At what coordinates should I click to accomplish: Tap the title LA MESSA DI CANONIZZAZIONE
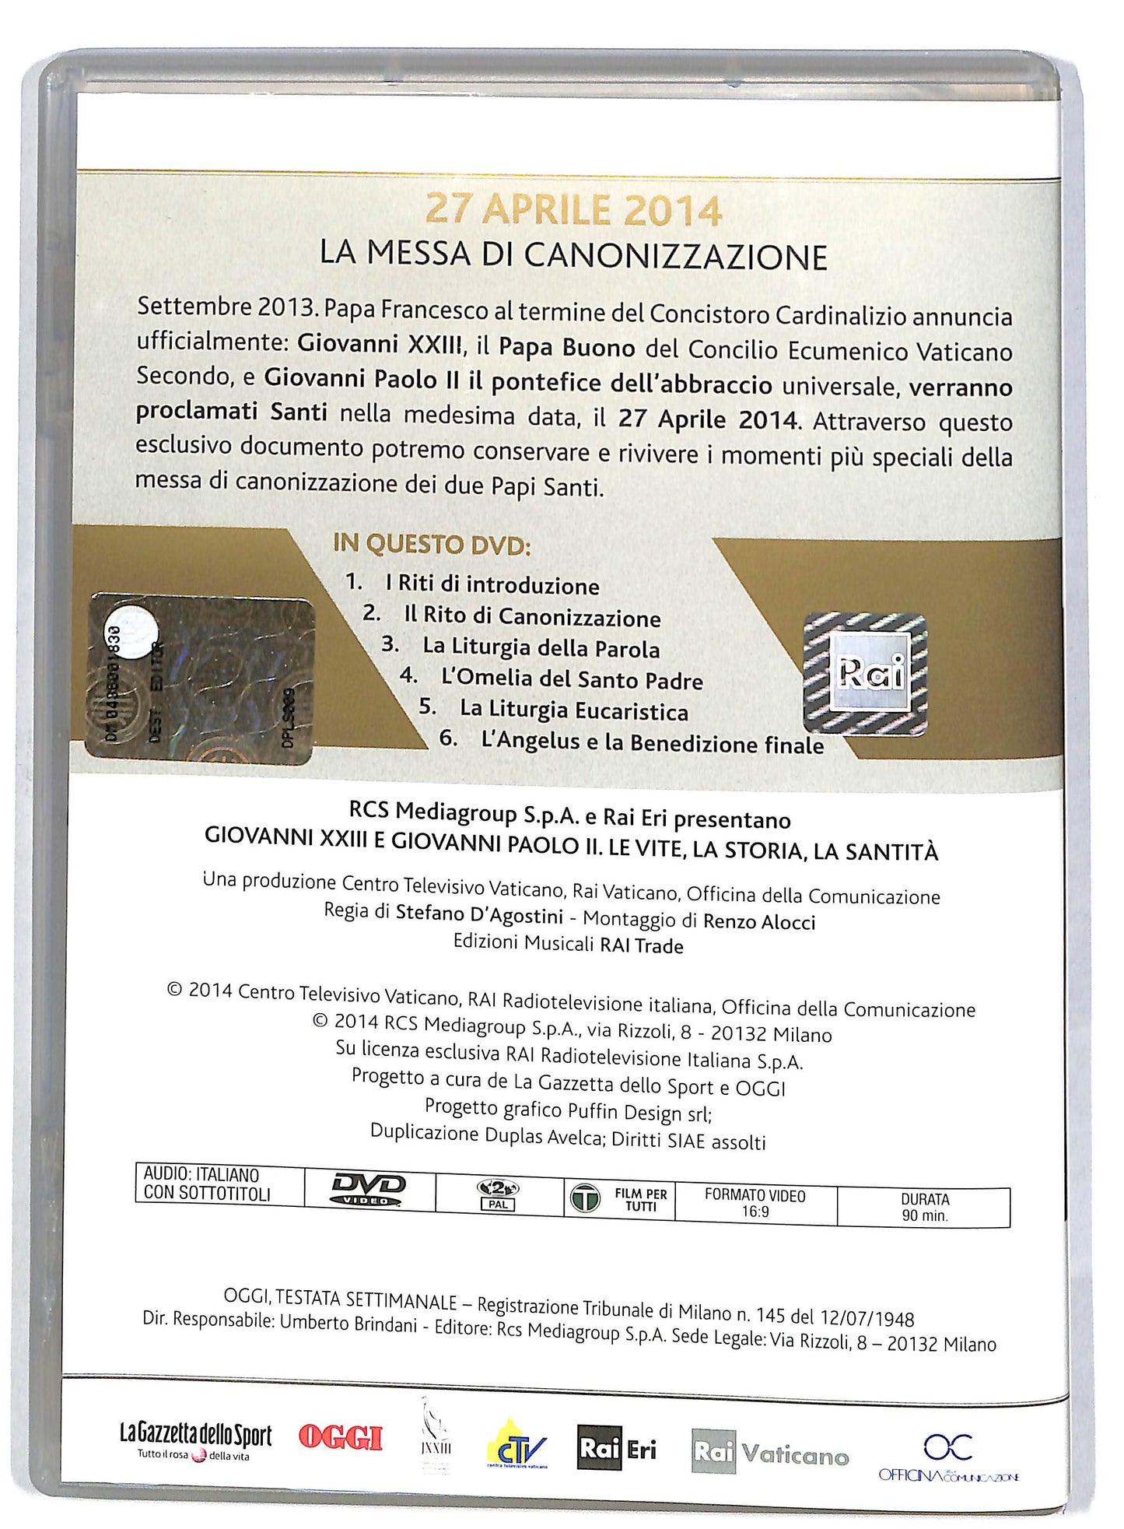point(573,255)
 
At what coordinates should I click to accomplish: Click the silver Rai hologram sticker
point(865,673)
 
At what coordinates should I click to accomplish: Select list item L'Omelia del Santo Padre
point(572,679)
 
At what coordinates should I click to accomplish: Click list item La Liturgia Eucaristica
point(573,710)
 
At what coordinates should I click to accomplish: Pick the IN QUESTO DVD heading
point(432,544)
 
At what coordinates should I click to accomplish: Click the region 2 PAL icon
point(498,1194)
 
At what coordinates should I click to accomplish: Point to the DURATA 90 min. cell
point(924,1207)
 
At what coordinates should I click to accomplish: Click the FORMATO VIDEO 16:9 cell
point(755,1203)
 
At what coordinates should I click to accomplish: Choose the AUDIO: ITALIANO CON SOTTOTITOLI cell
point(207,1184)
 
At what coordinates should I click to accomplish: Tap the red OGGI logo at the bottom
point(341,1437)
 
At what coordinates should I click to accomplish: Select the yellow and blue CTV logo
point(516,1446)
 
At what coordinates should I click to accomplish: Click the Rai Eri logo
point(617,1447)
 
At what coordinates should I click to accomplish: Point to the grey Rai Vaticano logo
point(769,1452)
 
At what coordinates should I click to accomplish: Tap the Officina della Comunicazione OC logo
point(948,1456)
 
